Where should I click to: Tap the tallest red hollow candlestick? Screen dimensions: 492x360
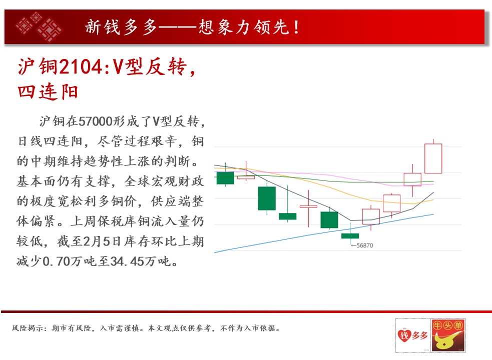(x=433, y=158)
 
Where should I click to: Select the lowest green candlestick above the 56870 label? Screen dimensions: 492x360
(x=350, y=236)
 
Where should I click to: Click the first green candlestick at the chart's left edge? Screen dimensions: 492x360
(x=225, y=178)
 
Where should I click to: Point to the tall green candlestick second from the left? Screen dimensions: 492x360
(x=267, y=198)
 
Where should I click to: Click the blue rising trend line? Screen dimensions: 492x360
(x=324, y=233)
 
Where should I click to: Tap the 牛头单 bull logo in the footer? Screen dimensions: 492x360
(x=448, y=335)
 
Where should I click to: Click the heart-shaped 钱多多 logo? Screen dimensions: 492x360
(x=412, y=335)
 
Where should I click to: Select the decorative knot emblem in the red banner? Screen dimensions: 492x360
(x=39, y=27)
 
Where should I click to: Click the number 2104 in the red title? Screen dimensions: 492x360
(x=80, y=66)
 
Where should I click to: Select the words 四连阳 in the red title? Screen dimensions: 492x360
(x=48, y=92)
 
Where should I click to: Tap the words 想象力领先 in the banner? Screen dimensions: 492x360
(x=244, y=27)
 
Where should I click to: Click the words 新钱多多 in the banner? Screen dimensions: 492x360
(x=121, y=27)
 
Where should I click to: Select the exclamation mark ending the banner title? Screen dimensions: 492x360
(x=296, y=27)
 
